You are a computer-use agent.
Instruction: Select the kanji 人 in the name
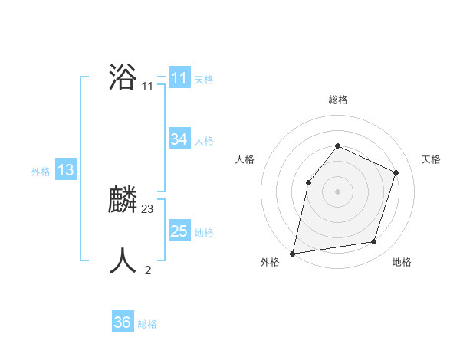[x=123, y=261]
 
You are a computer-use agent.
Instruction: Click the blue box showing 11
[x=179, y=78]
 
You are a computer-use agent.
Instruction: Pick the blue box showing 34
[x=179, y=139]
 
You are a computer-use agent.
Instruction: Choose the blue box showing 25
[x=179, y=231]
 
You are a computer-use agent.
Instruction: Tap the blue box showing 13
[x=65, y=170]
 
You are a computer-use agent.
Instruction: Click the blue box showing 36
[x=122, y=322]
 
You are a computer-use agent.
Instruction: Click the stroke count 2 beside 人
[x=148, y=270]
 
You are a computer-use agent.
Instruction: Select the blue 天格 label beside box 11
[x=204, y=79]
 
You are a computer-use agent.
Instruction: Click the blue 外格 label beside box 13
[x=41, y=172]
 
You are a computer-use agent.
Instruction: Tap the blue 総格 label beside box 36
[x=147, y=324]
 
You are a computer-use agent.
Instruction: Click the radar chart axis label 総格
[x=337, y=100]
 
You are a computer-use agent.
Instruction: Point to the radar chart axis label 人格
[x=245, y=159]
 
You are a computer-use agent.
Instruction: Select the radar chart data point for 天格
[x=396, y=172]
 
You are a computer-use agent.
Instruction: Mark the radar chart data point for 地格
[x=374, y=241]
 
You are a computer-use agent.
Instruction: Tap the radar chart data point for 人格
[x=308, y=182]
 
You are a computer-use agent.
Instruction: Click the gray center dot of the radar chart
[x=337, y=191]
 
